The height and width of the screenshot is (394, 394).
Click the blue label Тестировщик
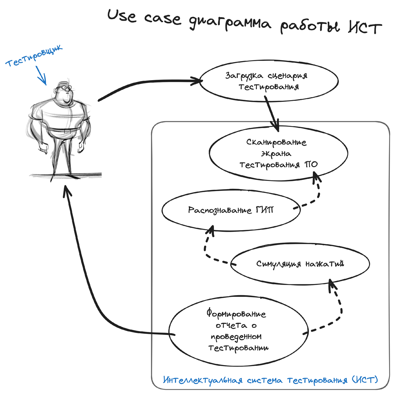coord(34,56)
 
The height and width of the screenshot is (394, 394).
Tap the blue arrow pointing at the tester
coord(41,76)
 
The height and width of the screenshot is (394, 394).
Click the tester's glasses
coord(64,88)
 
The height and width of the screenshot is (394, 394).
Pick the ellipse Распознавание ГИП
coord(231,210)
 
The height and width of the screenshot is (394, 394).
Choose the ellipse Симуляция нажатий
coord(300,264)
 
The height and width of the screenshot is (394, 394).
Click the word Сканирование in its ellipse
coord(276,142)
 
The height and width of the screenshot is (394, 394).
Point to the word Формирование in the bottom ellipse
coord(236,314)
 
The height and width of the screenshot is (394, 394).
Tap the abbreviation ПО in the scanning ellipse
coord(311,164)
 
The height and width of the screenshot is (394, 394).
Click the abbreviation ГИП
coord(264,210)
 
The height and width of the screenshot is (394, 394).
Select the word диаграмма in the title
coord(230,23)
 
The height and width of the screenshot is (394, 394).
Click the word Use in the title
coord(122,16)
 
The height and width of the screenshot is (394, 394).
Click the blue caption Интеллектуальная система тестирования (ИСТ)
coord(270,380)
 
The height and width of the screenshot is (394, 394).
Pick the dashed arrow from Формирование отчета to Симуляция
coord(338,309)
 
